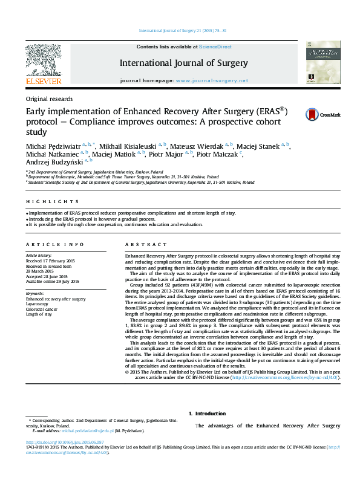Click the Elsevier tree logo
point(43,61)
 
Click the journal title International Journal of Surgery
point(184,62)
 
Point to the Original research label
point(49,99)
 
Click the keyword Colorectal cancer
point(43,309)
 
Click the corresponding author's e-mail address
point(89,431)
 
